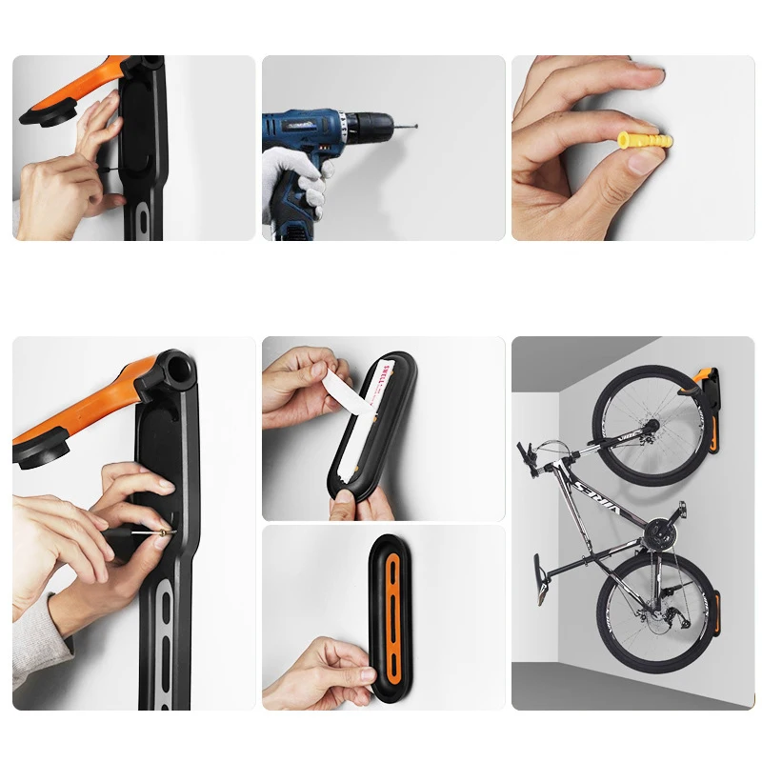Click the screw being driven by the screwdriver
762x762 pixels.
tap(163, 531)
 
